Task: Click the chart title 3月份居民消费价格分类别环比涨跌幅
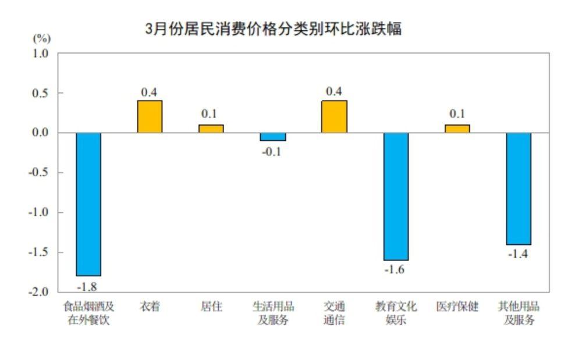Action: [x=274, y=28]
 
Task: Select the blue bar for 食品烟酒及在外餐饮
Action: [x=88, y=204]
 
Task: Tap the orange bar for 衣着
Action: [x=150, y=117]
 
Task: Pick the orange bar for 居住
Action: [x=211, y=129]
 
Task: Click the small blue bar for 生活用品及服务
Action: [x=272, y=137]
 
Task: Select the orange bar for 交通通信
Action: [x=334, y=117]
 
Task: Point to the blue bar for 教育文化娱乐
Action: [x=396, y=196]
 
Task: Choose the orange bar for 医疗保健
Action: [x=457, y=129]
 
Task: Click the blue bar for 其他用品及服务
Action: [x=519, y=188]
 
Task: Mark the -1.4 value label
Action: [x=517, y=254]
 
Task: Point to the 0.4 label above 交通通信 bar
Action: [x=334, y=92]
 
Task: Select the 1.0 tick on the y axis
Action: [x=41, y=54]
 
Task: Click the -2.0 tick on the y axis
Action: [x=39, y=292]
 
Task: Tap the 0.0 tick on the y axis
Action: [x=41, y=133]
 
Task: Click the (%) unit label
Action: [x=41, y=39]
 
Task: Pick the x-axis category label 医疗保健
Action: [x=457, y=306]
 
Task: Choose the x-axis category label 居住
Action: [x=211, y=306]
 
